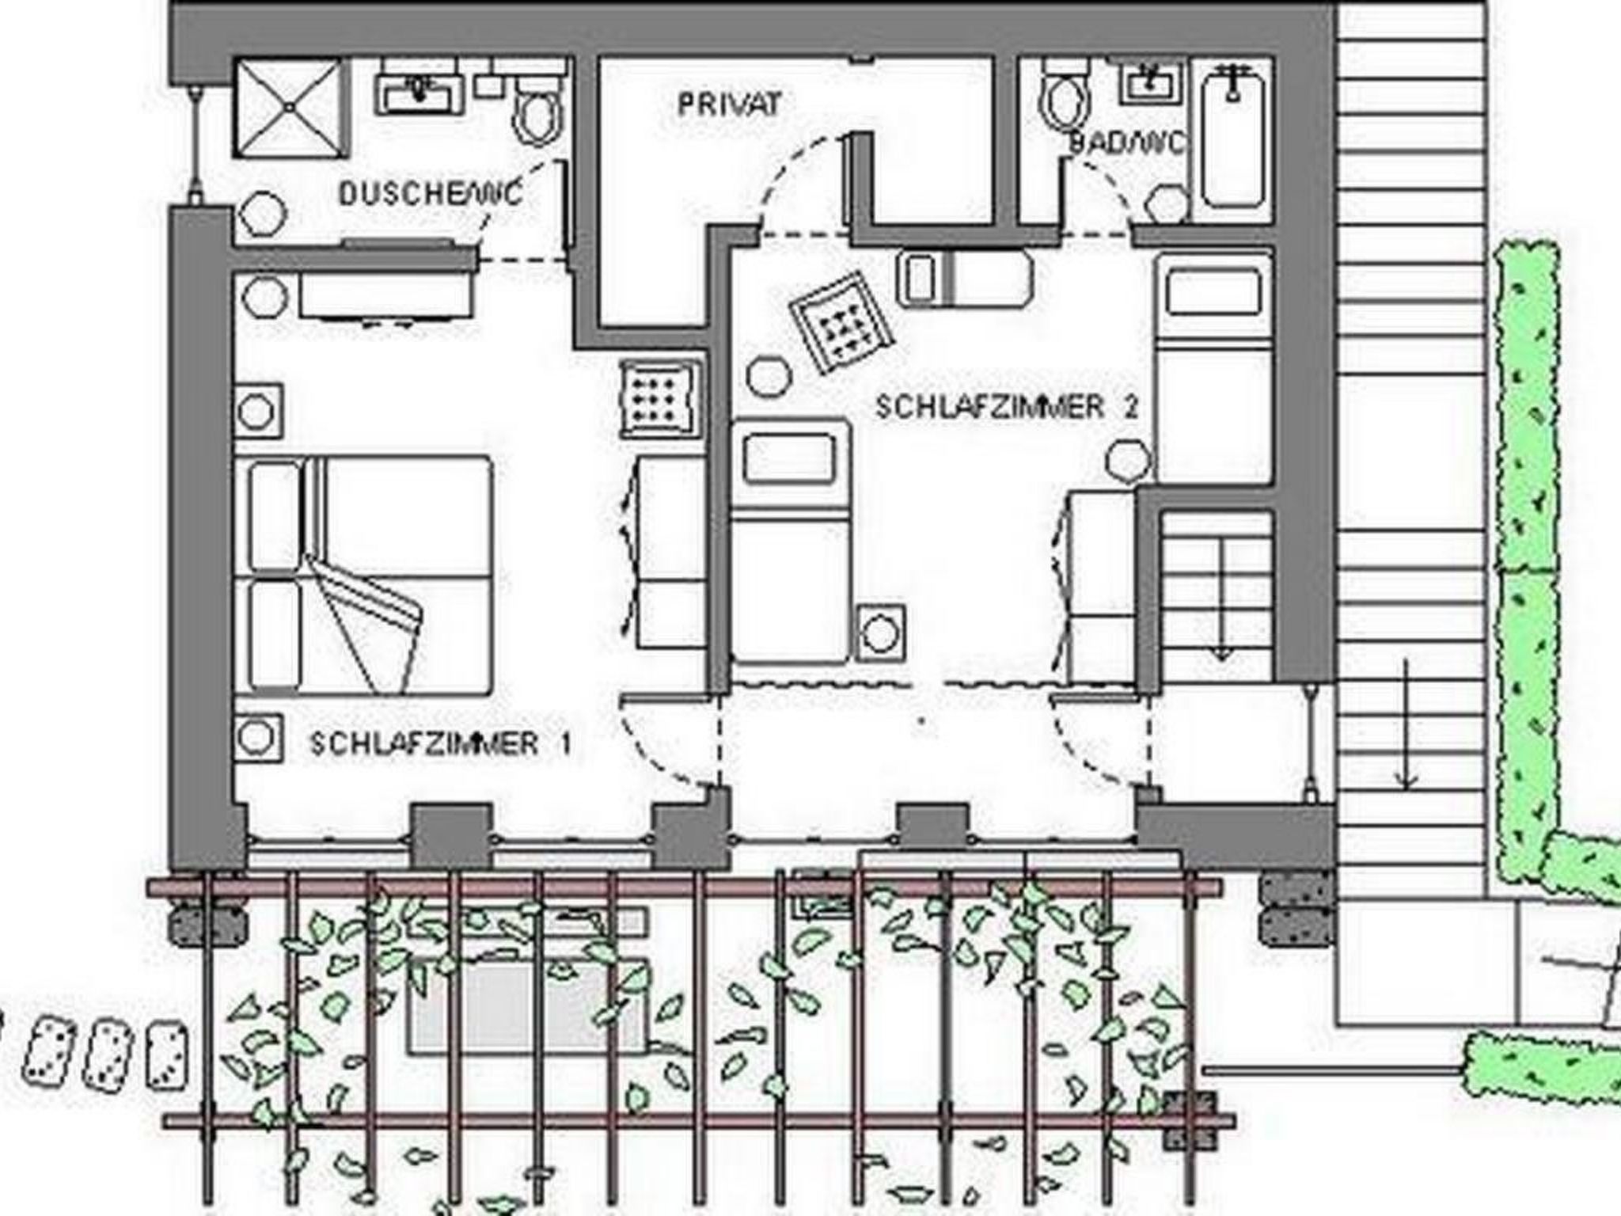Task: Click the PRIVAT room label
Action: click(x=730, y=104)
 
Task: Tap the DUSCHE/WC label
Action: click(x=431, y=193)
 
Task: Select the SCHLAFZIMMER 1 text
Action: click(x=440, y=743)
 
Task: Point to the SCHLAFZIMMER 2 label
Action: click(x=1007, y=407)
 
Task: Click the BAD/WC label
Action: click(x=1128, y=142)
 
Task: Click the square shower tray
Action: click(x=290, y=108)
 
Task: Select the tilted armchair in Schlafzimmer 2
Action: click(x=842, y=322)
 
